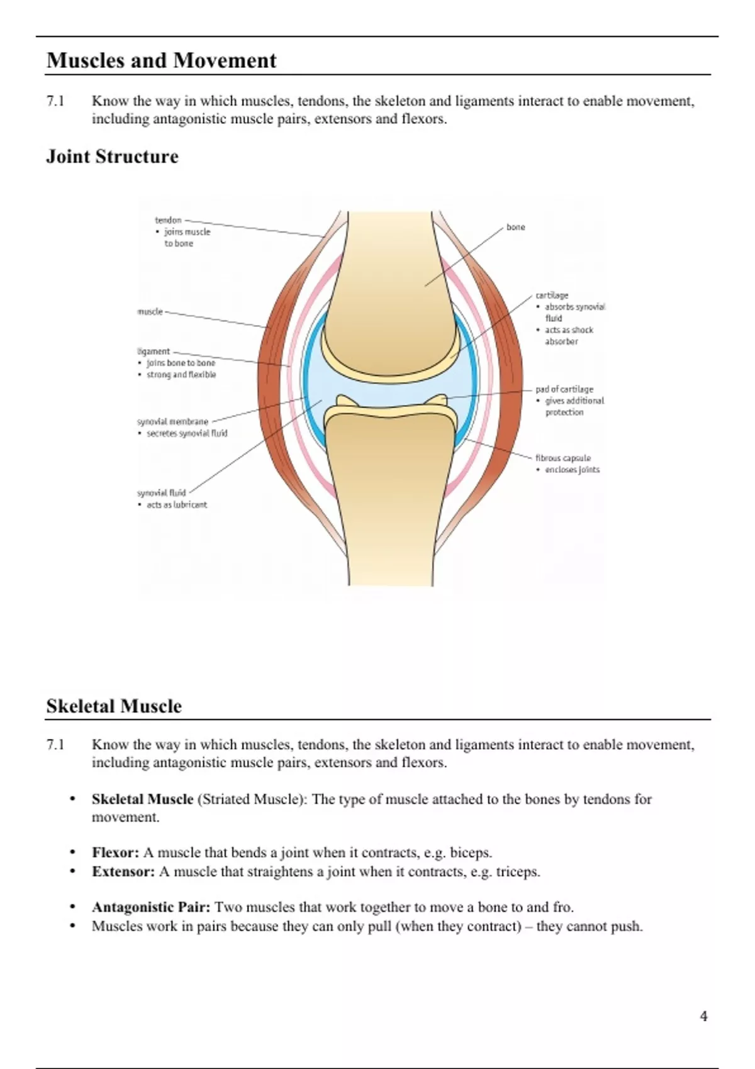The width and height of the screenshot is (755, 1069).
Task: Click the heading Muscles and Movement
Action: pyautogui.click(x=162, y=60)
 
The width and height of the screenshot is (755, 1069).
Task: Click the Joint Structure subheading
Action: pyautogui.click(x=112, y=157)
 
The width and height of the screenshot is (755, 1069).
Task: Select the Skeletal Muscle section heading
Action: pyautogui.click(x=114, y=706)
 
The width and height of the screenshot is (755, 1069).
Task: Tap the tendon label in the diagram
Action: pyautogui.click(x=168, y=220)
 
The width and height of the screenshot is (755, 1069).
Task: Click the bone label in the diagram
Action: pyautogui.click(x=515, y=227)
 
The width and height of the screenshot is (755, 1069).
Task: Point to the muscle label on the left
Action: pyautogui.click(x=150, y=311)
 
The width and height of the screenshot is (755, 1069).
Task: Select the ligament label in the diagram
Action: pyautogui.click(x=154, y=352)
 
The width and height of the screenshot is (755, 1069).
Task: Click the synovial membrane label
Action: pyautogui.click(x=172, y=421)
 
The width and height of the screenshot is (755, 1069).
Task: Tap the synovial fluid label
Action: pyautogui.click(x=161, y=493)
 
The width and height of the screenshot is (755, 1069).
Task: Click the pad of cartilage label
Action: pyautogui.click(x=564, y=389)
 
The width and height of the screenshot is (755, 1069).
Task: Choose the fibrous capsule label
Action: pyautogui.click(x=563, y=458)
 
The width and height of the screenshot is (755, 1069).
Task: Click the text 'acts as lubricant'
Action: pyautogui.click(x=177, y=505)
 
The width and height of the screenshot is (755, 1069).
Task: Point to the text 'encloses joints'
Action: pyautogui.click(x=572, y=470)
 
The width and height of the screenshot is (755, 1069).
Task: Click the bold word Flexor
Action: pyautogui.click(x=115, y=853)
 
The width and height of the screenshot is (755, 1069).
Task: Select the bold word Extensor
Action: pyautogui.click(x=123, y=872)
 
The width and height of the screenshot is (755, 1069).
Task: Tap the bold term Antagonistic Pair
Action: pyautogui.click(x=151, y=907)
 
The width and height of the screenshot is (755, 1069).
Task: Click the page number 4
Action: pyautogui.click(x=703, y=1016)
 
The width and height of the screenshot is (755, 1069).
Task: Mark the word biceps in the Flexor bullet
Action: pyautogui.click(x=470, y=853)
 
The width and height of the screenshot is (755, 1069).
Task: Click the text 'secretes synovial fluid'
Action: pyautogui.click(x=187, y=433)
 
